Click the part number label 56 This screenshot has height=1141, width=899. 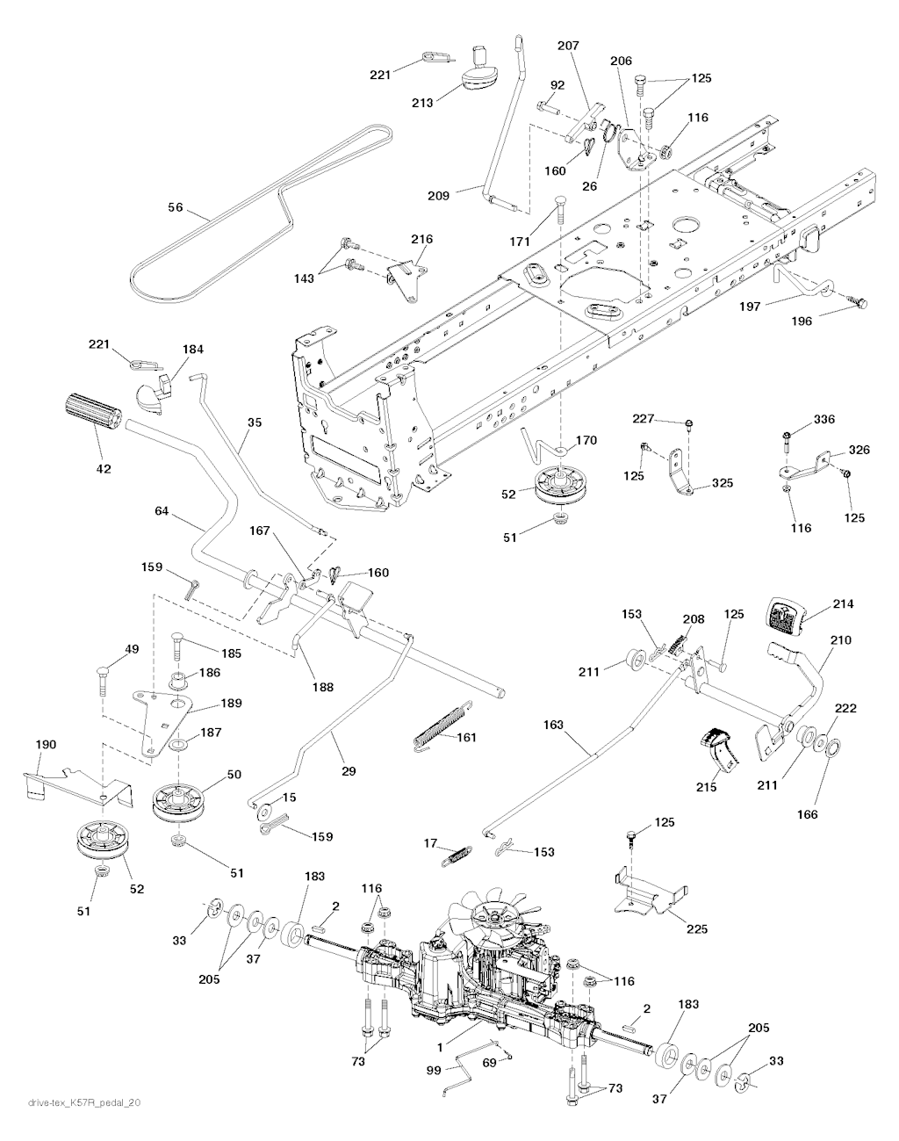tap(176, 207)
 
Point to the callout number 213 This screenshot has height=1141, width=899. tap(422, 103)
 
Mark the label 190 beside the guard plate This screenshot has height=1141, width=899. tap(45, 745)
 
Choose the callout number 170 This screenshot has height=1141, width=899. tap(586, 440)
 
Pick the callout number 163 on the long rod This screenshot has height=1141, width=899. tap(554, 726)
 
